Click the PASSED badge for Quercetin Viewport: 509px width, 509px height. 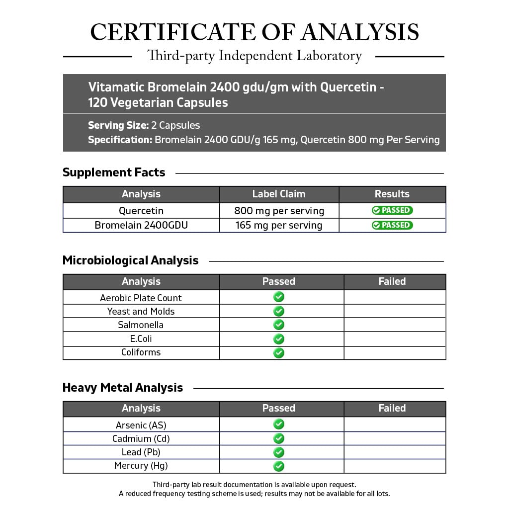(x=392, y=210)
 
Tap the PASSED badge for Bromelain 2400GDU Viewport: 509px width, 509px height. (x=392, y=225)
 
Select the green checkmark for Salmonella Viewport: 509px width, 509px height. (x=279, y=325)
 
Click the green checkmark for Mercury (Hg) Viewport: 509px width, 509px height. (x=279, y=466)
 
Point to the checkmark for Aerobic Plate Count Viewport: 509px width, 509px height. (x=279, y=297)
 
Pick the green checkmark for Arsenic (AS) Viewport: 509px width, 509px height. (x=279, y=424)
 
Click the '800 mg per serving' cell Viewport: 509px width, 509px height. (x=279, y=211)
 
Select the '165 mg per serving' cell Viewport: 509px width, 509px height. (x=279, y=225)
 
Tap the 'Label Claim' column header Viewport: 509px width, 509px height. (x=279, y=194)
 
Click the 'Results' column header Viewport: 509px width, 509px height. (x=392, y=194)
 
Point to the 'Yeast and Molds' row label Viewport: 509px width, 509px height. (x=141, y=312)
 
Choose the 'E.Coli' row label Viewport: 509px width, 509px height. (x=141, y=339)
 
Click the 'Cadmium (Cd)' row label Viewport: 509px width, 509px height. (x=141, y=439)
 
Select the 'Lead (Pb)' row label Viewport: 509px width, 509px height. (x=141, y=452)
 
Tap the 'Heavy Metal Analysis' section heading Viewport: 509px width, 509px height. (x=123, y=388)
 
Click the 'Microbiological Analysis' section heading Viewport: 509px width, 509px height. (x=130, y=260)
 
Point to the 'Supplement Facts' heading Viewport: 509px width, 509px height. (x=114, y=172)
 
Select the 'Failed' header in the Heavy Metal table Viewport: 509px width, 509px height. (x=392, y=409)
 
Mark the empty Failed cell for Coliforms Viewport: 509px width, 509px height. (x=395, y=353)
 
